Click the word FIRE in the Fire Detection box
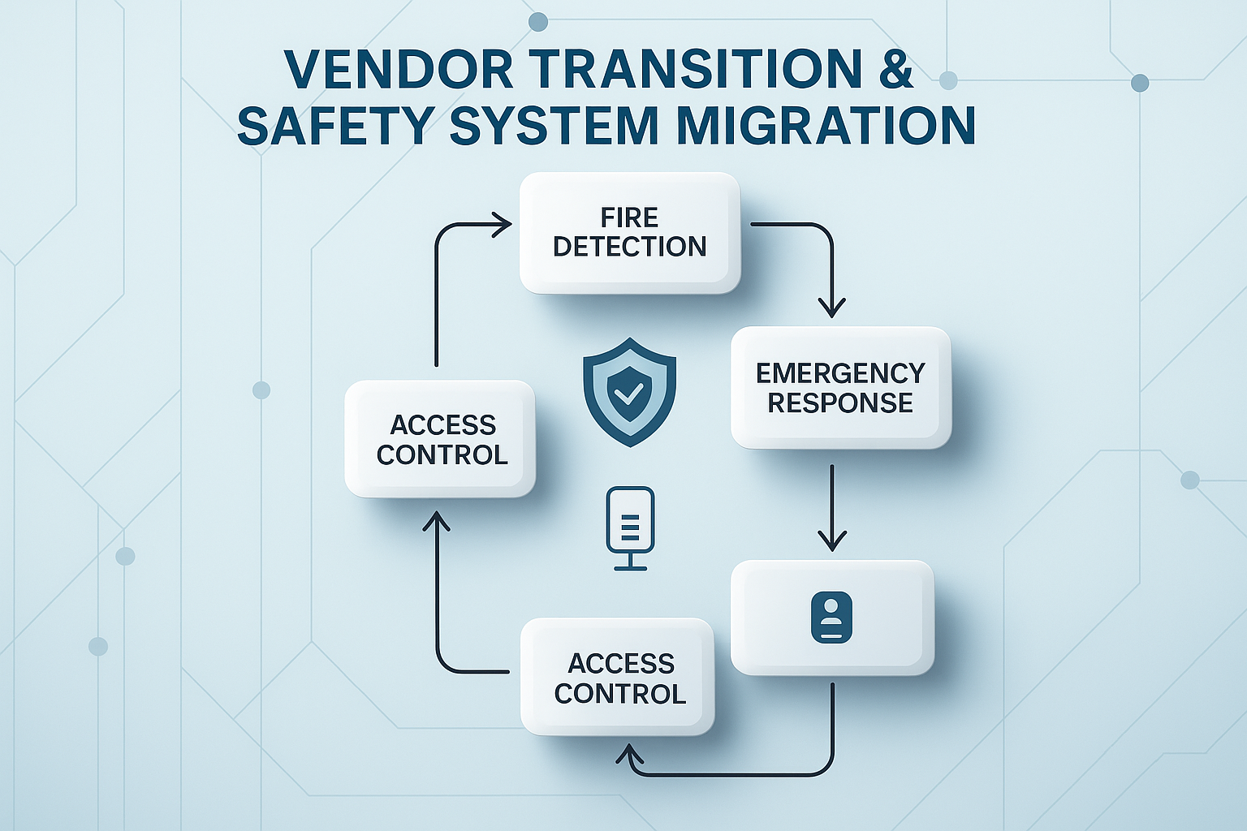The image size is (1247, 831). point(629,217)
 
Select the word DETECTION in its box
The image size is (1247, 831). point(629,247)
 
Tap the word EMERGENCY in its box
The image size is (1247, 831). point(840,373)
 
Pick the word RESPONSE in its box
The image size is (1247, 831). point(840,403)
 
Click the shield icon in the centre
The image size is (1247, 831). point(629,392)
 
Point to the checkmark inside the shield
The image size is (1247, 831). point(627,395)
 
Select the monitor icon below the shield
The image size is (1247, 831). point(630,528)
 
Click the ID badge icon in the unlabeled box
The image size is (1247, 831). point(831,618)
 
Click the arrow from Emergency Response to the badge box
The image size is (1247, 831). point(831,507)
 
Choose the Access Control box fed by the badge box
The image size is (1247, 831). point(618,678)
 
